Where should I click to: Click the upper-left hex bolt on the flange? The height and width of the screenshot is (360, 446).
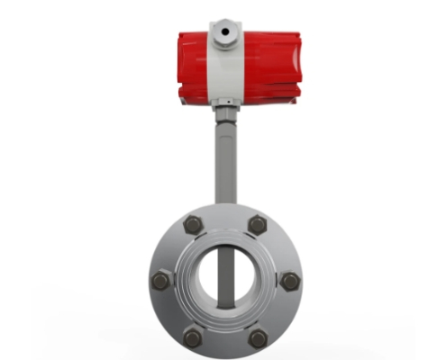193,225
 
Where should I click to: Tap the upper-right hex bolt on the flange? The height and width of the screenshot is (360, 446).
258,225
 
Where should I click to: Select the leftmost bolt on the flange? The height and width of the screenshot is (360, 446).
160,281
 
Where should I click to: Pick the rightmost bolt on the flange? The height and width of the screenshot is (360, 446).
289,281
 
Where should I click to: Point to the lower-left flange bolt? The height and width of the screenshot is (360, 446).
193,337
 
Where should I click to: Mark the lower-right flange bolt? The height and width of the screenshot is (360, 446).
258,337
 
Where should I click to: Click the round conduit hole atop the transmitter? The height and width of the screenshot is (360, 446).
224,33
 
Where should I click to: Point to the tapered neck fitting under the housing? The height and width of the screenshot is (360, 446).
224,112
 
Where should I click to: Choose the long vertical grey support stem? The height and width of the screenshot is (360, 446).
224,162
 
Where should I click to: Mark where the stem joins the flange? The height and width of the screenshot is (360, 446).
224,207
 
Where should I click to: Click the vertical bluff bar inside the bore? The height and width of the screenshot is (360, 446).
225,274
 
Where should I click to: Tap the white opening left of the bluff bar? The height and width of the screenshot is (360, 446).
207,275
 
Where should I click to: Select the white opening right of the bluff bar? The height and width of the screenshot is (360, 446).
243,275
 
